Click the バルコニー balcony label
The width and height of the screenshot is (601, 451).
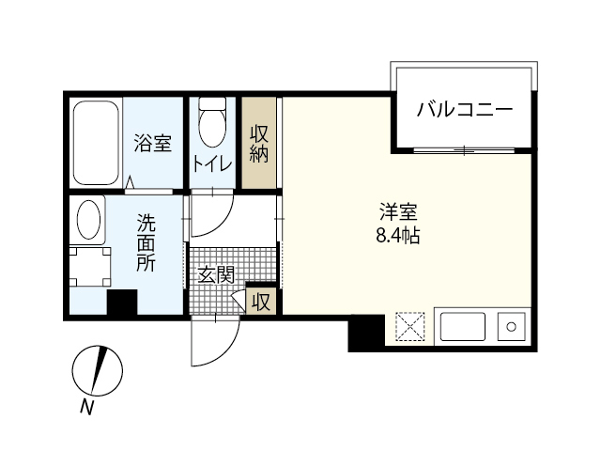pos(465,110)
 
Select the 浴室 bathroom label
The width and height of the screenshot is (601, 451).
pos(152,144)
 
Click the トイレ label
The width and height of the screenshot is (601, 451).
pos(212,162)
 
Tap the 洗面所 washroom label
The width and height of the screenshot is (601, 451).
pos(146,242)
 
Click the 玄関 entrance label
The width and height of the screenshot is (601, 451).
pos(215,275)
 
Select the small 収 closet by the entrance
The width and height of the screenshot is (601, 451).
pos(261,302)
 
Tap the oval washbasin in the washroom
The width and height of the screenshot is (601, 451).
pos(89,221)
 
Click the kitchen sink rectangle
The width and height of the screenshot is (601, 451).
pos(462,328)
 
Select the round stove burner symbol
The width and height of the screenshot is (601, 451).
pos(513,328)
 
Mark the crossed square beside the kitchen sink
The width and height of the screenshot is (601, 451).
pos(411,328)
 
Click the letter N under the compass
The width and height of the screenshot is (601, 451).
pos(87,407)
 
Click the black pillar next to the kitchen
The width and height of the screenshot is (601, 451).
pos(366,333)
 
